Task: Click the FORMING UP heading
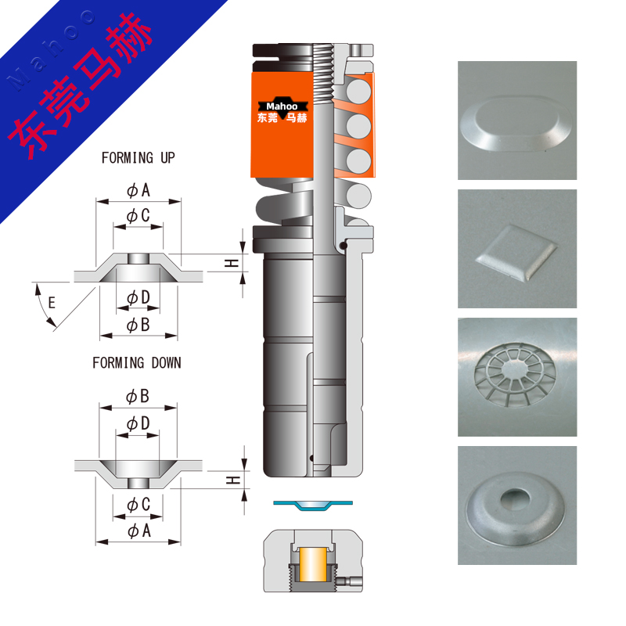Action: (139, 158)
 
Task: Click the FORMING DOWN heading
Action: (137, 363)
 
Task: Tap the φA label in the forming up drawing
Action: (139, 190)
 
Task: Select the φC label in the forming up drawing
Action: (139, 216)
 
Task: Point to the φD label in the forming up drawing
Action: (139, 298)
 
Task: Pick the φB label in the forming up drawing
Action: (139, 325)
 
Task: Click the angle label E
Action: (52, 303)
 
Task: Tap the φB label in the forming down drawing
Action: (138, 397)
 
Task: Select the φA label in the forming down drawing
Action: (139, 531)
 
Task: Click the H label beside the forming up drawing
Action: (232, 263)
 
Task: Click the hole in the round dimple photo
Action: (515, 498)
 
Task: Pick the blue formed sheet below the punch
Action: (313, 505)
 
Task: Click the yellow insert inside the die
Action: (314, 564)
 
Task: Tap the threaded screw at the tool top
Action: (323, 73)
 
